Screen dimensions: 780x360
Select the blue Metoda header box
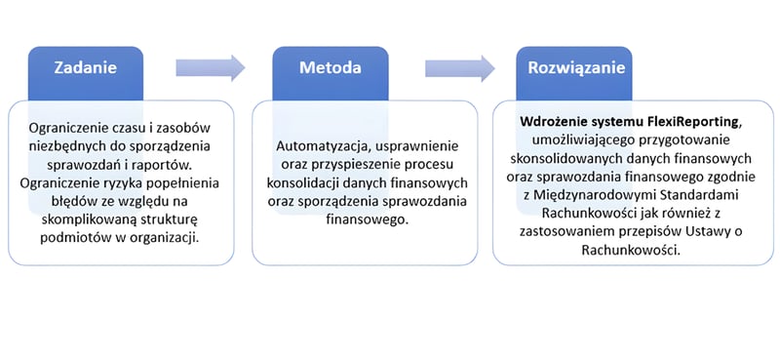click(330, 69)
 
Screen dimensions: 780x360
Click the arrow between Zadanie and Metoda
click(210, 67)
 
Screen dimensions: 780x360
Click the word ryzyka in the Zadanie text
click(132, 183)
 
